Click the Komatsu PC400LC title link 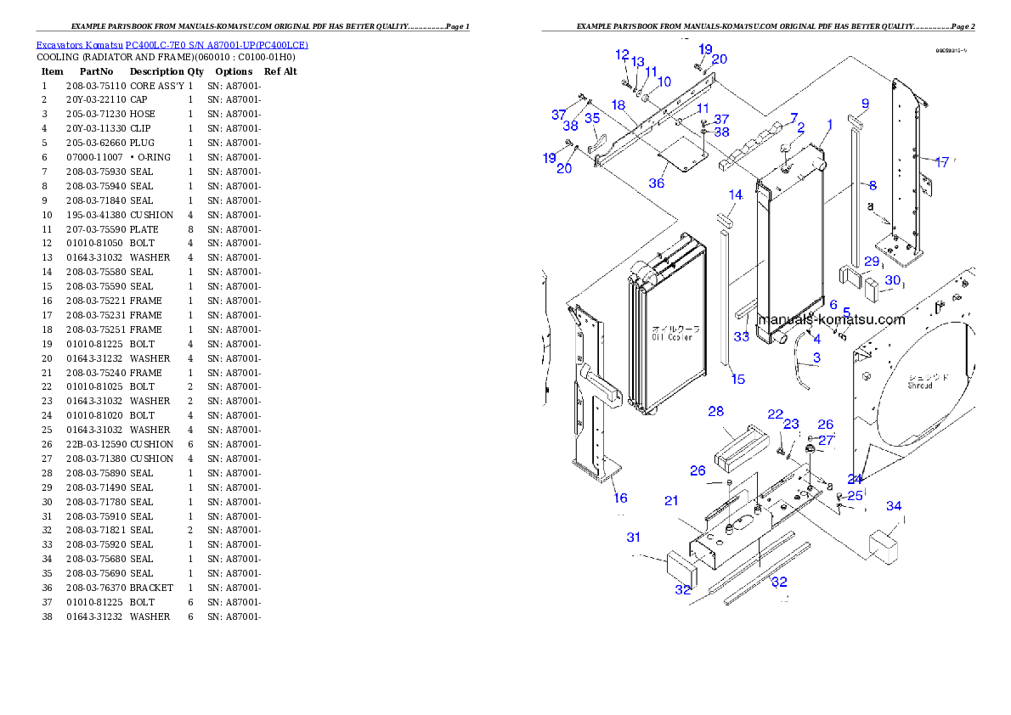point(172,45)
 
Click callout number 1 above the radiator point(830,125)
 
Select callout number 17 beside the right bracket point(941,162)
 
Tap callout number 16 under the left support point(621,498)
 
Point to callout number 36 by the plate point(657,183)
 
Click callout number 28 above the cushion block point(716,412)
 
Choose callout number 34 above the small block point(894,506)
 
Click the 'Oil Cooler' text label point(671,337)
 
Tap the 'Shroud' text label point(919,385)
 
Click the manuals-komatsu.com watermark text point(831,320)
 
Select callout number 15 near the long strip point(738,379)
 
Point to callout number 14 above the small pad point(736,194)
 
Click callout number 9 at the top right point(865,104)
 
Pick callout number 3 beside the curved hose point(816,357)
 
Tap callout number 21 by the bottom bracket point(671,501)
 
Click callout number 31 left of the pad point(634,537)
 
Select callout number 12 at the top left point(623,55)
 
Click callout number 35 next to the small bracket point(592,118)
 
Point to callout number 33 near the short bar point(742,337)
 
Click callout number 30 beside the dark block point(892,280)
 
